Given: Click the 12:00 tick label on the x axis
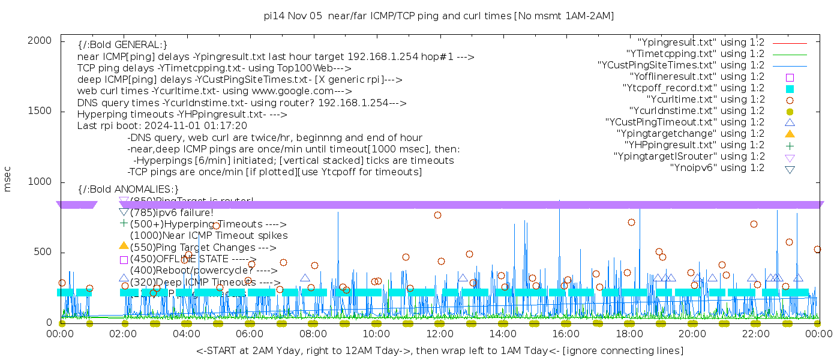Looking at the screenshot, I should tap(440, 334).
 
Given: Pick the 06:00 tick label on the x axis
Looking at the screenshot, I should tap(250, 334).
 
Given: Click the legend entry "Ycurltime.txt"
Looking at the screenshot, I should tap(706, 100).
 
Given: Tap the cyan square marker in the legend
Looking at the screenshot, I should tap(790, 88).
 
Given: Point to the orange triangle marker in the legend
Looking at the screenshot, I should tap(790, 134).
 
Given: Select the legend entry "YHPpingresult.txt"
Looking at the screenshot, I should tap(694, 145).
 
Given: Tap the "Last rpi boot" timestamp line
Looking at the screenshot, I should tap(162, 126).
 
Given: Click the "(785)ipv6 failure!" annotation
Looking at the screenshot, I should tap(172, 213).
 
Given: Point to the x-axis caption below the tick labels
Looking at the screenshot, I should tap(439, 350).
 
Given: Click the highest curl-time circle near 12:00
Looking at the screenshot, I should tap(437, 215).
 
